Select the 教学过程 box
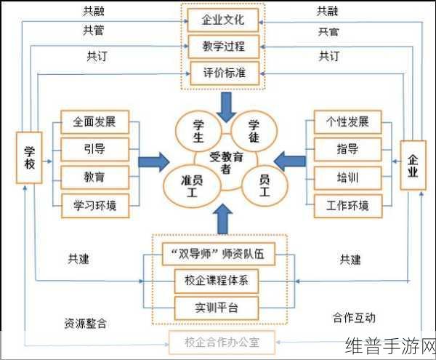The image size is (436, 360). click(223, 46)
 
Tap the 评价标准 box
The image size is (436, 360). click(223, 73)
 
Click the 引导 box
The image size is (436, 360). click(94, 149)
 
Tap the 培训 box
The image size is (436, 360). click(347, 177)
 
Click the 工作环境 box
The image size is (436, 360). click(347, 204)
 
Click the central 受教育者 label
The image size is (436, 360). click(225, 162)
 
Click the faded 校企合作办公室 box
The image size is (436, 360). click(222, 340)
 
